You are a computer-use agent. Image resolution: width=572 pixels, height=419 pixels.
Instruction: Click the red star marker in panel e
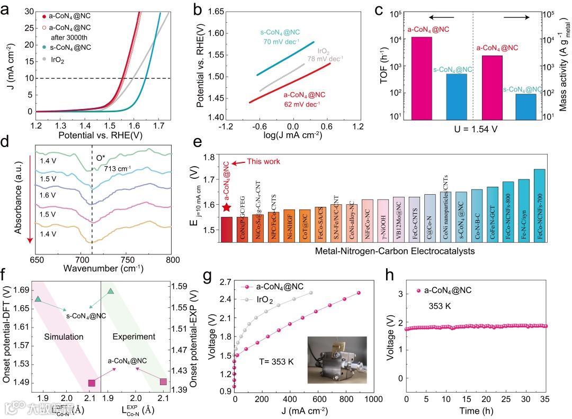point(227,208)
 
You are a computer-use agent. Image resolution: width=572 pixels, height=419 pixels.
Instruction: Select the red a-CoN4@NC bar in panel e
point(227,229)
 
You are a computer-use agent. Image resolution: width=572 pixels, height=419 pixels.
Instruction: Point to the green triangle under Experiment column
point(110,292)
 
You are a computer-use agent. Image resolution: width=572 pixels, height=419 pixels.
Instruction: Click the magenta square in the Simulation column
point(92,382)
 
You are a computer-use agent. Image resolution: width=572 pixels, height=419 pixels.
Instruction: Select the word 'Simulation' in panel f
point(64,336)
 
